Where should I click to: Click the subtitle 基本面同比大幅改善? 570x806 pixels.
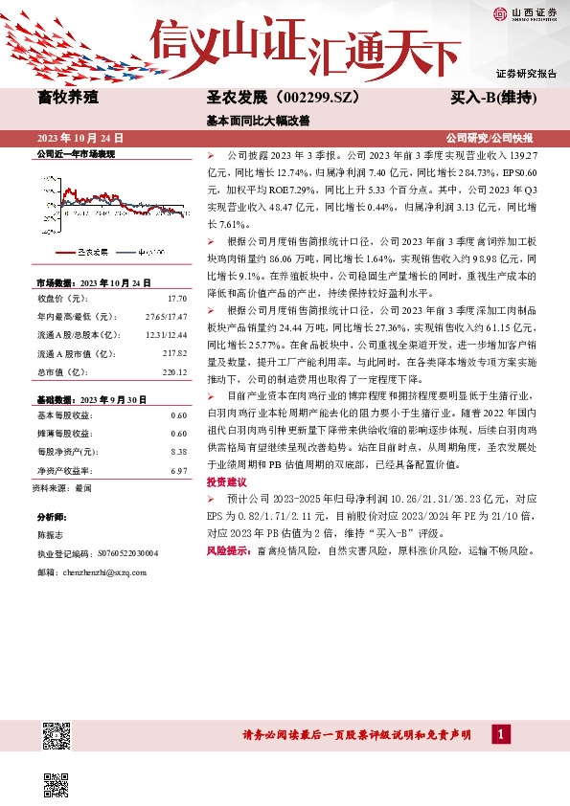(259, 121)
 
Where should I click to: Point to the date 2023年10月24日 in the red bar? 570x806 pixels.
(80, 139)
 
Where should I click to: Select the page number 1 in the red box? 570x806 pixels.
(500, 734)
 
